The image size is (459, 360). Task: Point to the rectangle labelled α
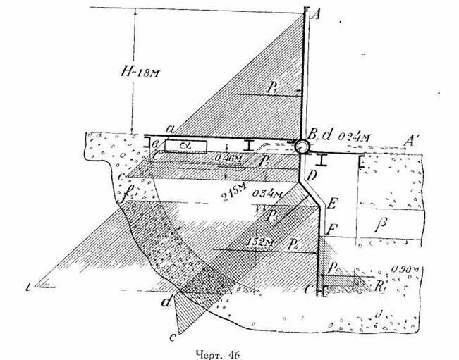[186, 145]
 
